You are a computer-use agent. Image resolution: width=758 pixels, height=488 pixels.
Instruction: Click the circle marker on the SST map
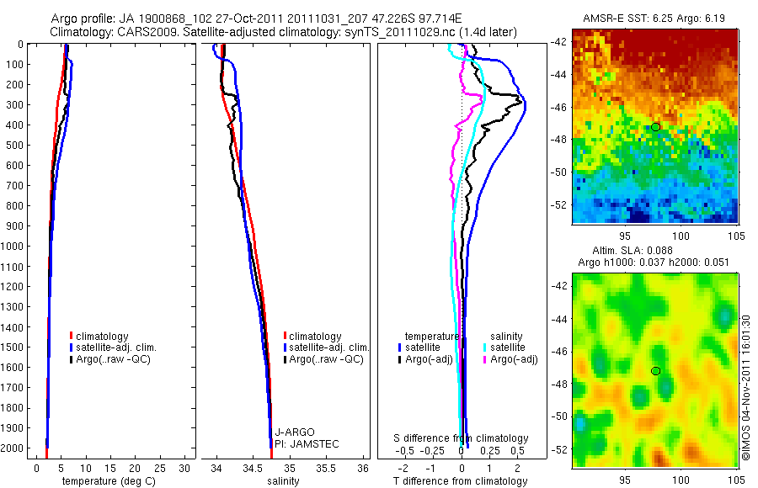(x=655, y=127)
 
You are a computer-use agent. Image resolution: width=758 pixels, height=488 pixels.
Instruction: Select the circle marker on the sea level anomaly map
(x=655, y=371)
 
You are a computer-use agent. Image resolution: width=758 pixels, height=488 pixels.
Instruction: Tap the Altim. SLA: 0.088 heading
(x=655, y=251)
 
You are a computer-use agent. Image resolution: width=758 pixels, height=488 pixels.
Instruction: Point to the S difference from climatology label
(x=462, y=438)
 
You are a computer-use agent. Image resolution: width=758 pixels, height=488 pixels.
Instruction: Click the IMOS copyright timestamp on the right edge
(x=745, y=387)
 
